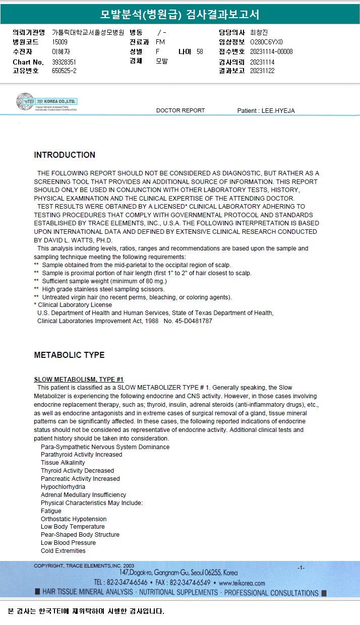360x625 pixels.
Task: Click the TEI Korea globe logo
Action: [x=25, y=101]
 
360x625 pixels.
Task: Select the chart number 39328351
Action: [x=64, y=62]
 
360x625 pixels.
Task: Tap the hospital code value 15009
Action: [x=60, y=42]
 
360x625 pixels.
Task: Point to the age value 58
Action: [x=200, y=51]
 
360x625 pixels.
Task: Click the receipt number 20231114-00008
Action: [x=271, y=51]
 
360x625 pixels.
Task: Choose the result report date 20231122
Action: [x=262, y=71]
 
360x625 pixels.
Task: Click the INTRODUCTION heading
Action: [x=65, y=155]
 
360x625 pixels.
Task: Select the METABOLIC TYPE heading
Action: [x=69, y=355]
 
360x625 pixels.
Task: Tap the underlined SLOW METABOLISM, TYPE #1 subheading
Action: [x=79, y=380]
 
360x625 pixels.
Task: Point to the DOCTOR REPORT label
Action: [x=181, y=110]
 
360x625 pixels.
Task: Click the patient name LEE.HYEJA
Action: [x=277, y=110]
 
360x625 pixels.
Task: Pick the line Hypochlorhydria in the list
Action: [x=63, y=487]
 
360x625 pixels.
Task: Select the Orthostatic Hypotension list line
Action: [x=74, y=519]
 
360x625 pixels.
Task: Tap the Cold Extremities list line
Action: [x=63, y=551]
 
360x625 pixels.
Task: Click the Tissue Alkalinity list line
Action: [x=63, y=463]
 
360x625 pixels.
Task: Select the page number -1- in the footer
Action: [x=301, y=568]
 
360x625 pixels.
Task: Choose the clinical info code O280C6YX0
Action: [x=266, y=42]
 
